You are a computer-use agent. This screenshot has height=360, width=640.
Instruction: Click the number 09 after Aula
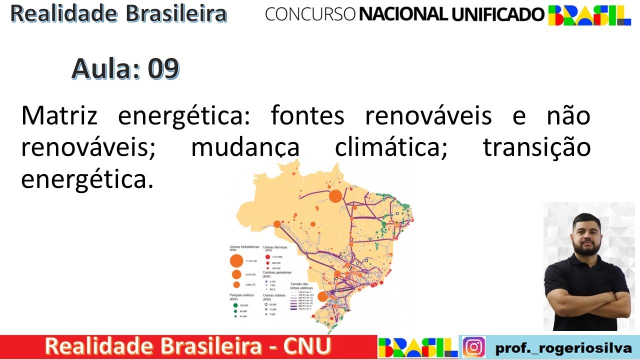click(x=163, y=69)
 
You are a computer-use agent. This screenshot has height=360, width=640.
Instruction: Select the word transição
click(x=536, y=147)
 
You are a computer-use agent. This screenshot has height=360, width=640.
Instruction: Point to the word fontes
click(x=307, y=116)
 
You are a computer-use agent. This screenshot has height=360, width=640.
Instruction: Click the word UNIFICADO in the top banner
click(x=497, y=14)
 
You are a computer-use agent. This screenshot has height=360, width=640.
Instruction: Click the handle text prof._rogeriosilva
click(x=562, y=347)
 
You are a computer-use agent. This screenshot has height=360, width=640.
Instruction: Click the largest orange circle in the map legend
click(x=236, y=260)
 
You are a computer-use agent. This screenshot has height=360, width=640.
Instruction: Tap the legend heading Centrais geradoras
click(x=277, y=273)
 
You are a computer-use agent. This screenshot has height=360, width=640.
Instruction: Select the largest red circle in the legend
click(x=267, y=256)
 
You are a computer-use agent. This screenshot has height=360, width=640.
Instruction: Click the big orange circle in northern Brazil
click(x=335, y=195)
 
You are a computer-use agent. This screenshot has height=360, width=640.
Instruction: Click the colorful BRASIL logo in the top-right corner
click(x=589, y=15)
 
